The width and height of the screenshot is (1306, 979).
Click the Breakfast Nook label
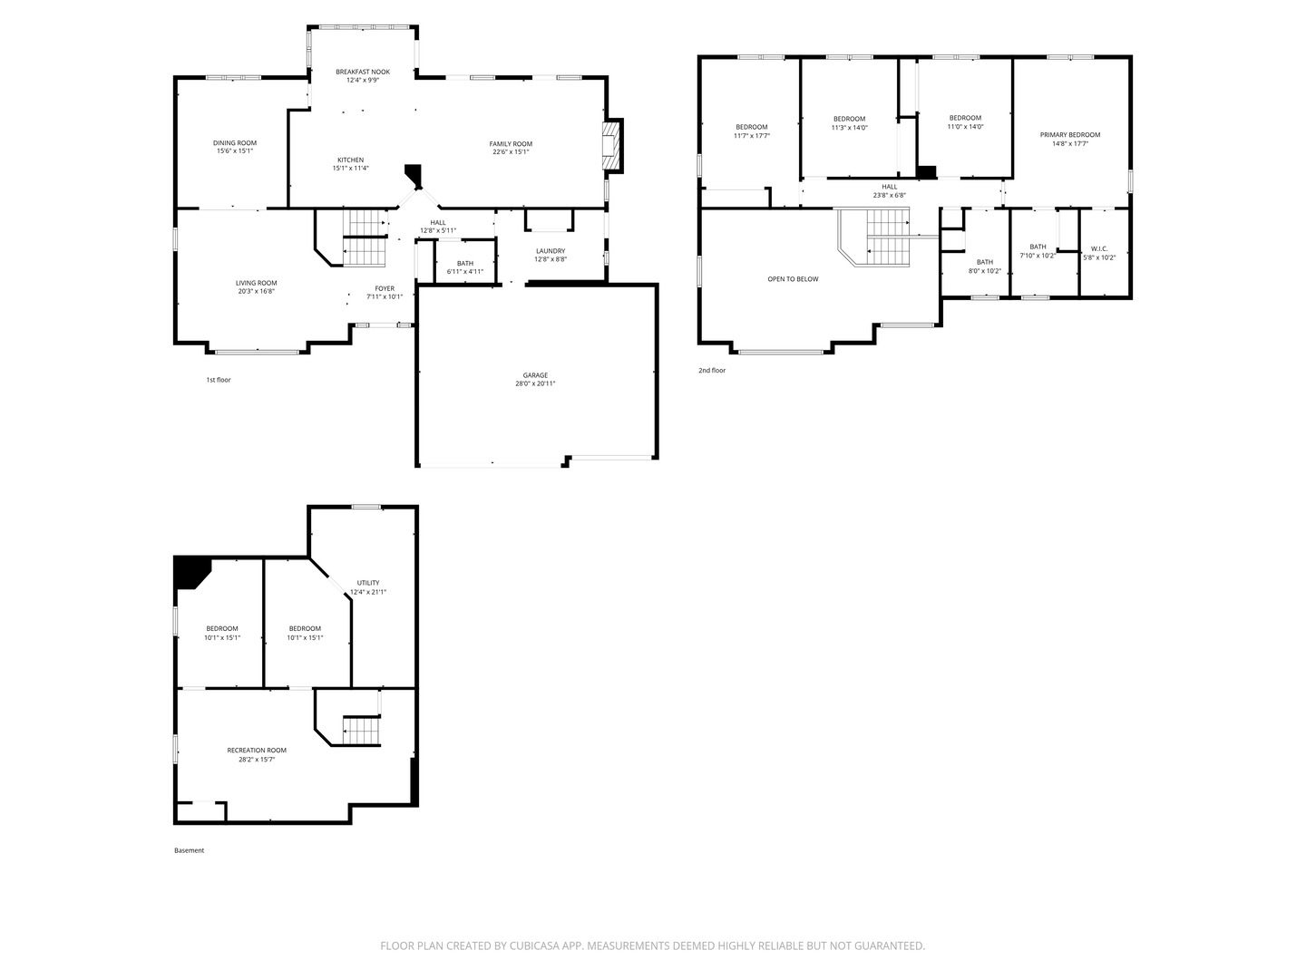point(363,72)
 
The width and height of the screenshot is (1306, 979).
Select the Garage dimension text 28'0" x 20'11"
point(535,383)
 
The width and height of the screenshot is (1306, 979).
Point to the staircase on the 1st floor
point(365,237)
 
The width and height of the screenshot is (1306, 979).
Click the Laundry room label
point(551,251)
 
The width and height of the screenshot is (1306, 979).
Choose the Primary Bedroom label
point(1070,135)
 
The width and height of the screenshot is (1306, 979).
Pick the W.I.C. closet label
point(1099,248)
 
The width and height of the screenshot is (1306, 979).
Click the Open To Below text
point(793,279)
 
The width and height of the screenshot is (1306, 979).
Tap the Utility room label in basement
point(368,583)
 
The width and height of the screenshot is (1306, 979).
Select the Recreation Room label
point(257,751)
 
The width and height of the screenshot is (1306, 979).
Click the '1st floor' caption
point(219,380)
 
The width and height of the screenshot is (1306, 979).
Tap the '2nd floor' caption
point(712,371)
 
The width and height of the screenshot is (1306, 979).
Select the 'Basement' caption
point(189,850)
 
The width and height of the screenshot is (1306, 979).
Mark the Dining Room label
point(235,142)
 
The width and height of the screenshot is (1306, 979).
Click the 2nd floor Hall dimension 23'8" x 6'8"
point(889,195)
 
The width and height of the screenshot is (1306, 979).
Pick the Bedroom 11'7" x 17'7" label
point(751,127)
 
